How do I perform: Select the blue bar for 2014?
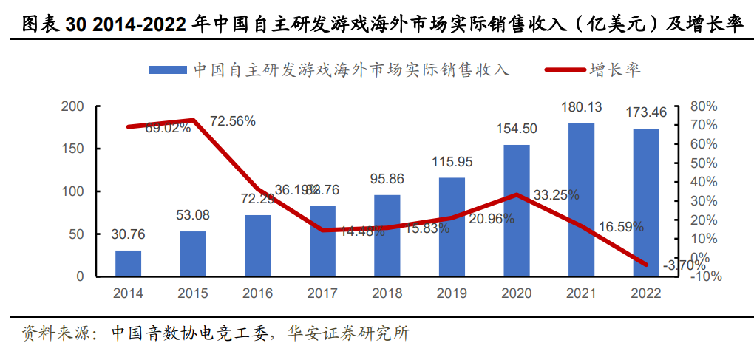click(128, 263)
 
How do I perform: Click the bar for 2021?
click(581, 200)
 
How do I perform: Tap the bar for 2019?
click(452, 227)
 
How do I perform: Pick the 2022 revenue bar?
click(645, 202)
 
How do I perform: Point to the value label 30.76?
click(128, 234)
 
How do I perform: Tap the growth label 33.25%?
click(555, 195)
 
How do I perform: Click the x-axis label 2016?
click(257, 293)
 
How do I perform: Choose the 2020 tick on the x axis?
click(516, 293)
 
